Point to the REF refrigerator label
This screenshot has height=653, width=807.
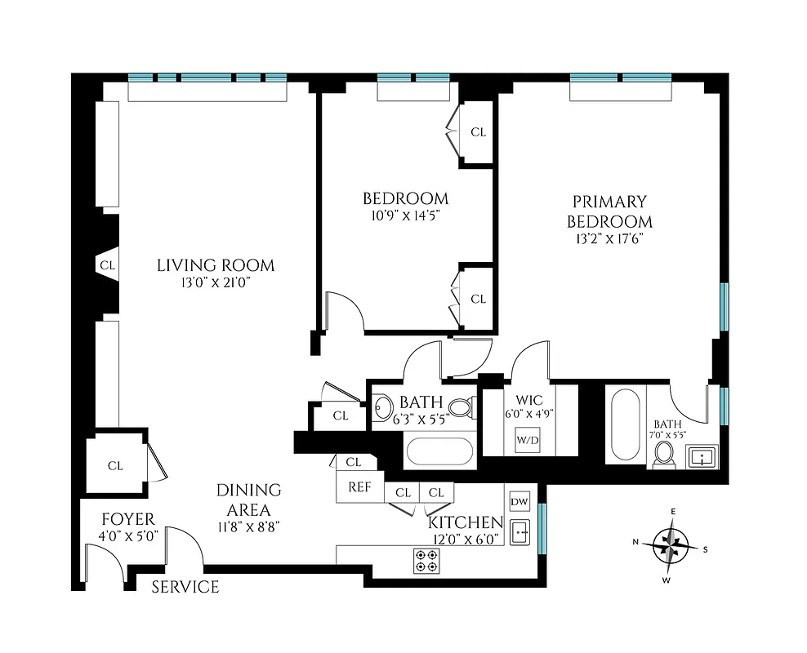coord(360,487)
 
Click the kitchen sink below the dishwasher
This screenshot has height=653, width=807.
coord(519,532)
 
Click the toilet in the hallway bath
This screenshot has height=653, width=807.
coord(461,406)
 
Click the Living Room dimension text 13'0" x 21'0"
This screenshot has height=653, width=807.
coord(216,282)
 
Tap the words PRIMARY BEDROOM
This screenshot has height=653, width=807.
coord(609,211)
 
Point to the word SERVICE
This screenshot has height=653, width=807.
coord(185,587)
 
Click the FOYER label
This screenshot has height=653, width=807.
coord(127,520)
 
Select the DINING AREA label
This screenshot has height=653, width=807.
coord(248,499)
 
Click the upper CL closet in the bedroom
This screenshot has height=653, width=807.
coord(478,131)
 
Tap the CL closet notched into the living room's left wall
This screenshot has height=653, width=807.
coord(107,265)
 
